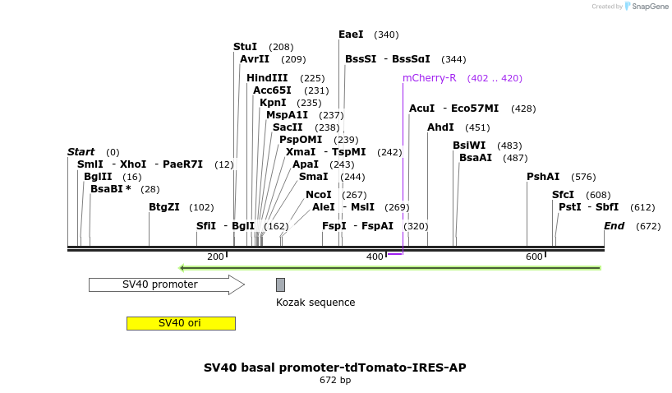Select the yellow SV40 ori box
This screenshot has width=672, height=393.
click(181, 323)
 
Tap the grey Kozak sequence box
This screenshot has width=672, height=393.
click(280, 284)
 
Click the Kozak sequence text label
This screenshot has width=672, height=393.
click(315, 303)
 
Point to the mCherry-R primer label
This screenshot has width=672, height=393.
click(429, 78)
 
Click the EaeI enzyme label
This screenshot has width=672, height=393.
click(351, 35)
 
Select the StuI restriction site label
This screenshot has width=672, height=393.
click(245, 47)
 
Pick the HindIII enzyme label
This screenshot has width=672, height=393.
click(267, 78)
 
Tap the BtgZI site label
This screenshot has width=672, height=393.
click(164, 207)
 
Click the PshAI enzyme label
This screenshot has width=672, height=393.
click(543, 177)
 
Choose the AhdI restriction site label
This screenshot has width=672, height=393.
click(440, 127)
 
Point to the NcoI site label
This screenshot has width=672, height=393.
click(319, 195)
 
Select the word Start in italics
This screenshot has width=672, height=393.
click(81, 152)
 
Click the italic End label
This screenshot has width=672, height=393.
click(614, 226)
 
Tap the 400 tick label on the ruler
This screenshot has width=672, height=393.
click(375, 257)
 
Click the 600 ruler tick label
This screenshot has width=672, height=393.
click(534, 257)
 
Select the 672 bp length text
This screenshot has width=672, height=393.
click(335, 381)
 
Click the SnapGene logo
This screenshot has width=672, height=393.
click(647, 7)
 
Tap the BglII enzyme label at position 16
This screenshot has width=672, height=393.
click(98, 177)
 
